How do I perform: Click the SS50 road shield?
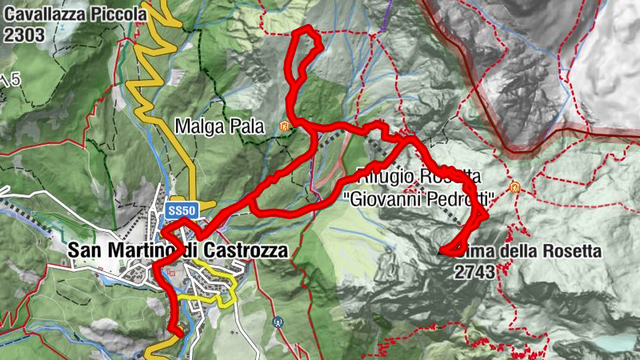pos(182,210)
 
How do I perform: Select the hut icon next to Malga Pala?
pos(284,126)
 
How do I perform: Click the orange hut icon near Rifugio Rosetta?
pos(514,187)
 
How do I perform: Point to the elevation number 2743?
pos(474,271)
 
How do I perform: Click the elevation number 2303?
pos(23,34)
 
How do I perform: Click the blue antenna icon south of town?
pos(278,322)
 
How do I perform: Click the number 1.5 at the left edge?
pos(10,79)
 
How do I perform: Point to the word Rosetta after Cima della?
pos(567,251)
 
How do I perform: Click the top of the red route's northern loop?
pos(305,30)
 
